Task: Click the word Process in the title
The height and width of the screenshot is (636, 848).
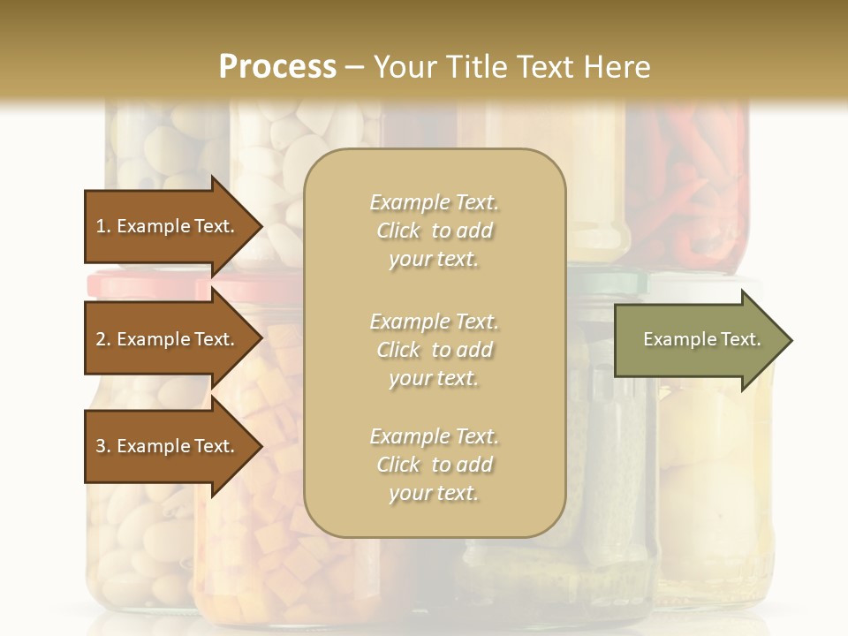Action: click(277, 66)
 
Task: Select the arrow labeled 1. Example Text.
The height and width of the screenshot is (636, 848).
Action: click(168, 226)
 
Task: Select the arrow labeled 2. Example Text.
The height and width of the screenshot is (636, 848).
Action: click(168, 339)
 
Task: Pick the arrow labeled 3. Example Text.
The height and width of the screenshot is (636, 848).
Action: click(168, 446)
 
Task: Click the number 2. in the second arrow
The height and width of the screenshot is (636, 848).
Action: click(103, 339)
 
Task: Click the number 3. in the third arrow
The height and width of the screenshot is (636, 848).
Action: click(103, 446)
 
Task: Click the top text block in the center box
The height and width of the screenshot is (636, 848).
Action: click(434, 231)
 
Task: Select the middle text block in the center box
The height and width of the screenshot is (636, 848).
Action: click(434, 350)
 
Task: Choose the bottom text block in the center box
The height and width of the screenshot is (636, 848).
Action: click(434, 465)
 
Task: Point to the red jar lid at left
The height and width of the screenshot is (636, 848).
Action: click(146, 284)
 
